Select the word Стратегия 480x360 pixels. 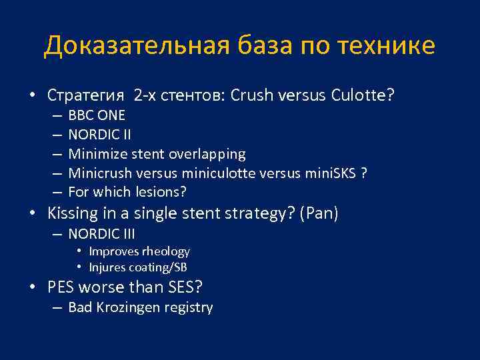86,95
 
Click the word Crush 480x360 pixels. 251,95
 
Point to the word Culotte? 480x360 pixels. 362,95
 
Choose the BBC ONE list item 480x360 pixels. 97,115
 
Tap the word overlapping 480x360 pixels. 207,154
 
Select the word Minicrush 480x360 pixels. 100,173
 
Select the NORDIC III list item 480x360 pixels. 102,234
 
